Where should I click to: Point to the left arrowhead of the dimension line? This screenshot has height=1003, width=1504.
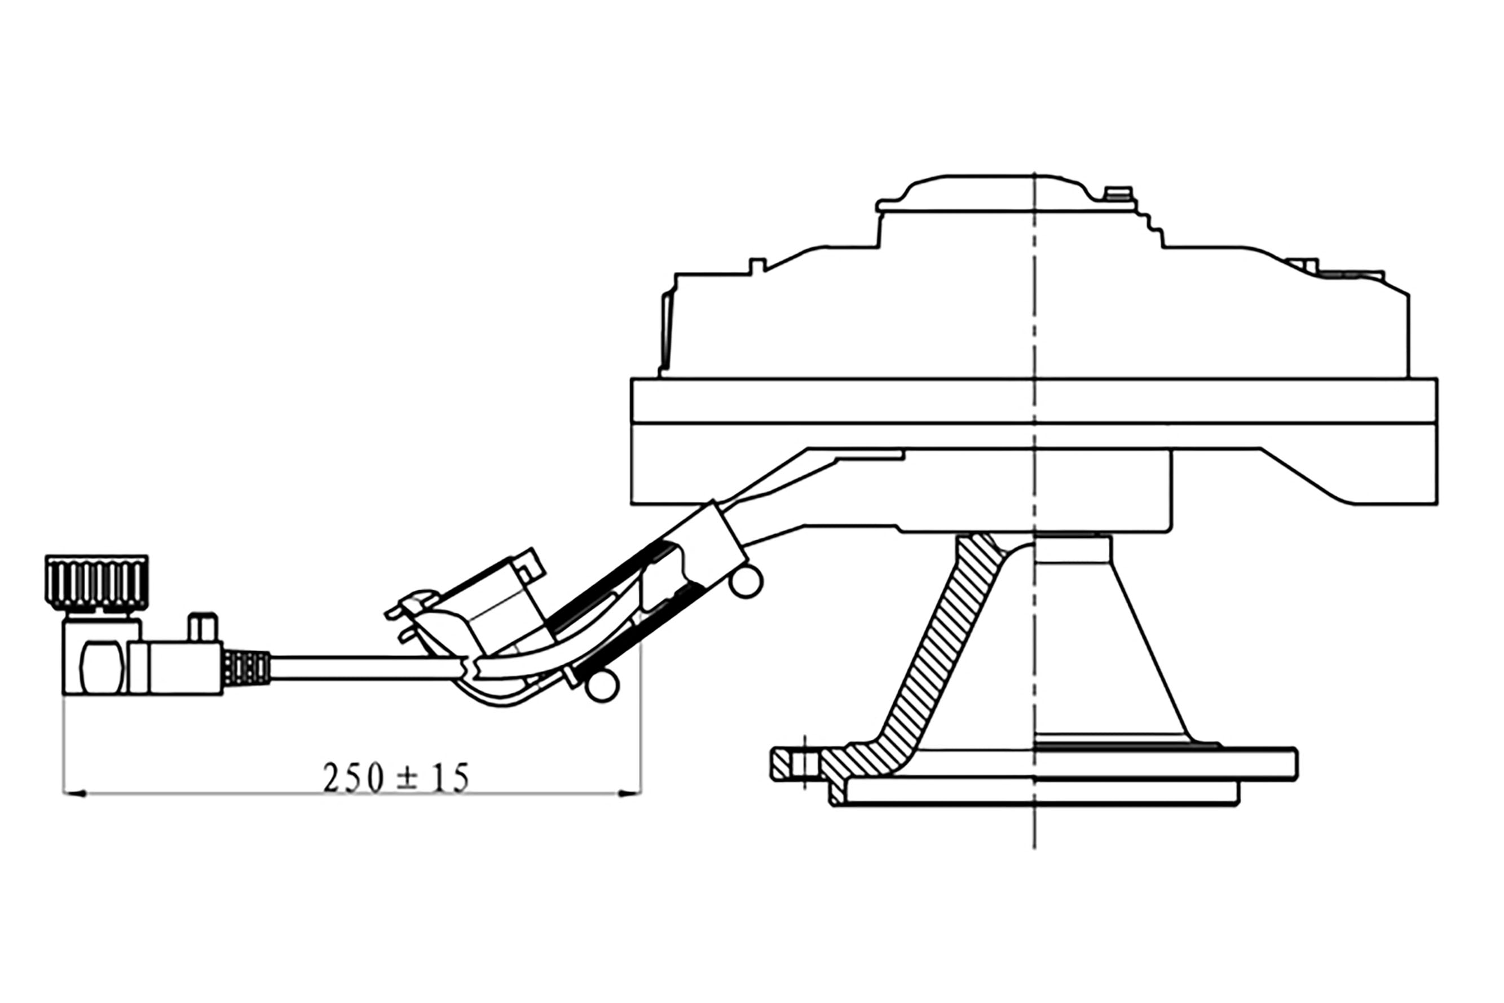point(74,794)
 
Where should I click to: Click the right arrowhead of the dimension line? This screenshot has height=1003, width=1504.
point(629,794)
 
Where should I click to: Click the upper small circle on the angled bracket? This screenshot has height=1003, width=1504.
point(746,582)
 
